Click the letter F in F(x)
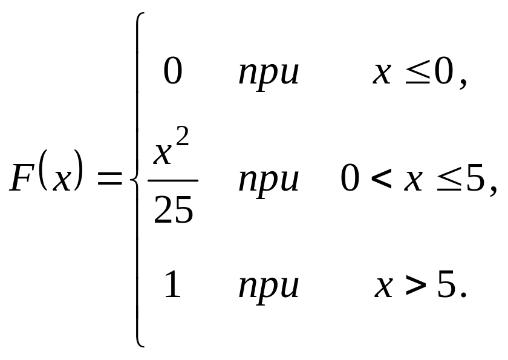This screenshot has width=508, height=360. [23, 180]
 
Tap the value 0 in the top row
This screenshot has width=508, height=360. [172, 73]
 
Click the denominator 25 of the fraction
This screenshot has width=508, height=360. [173, 211]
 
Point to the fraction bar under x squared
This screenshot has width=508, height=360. [173, 180]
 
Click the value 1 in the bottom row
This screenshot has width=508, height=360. [173, 285]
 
